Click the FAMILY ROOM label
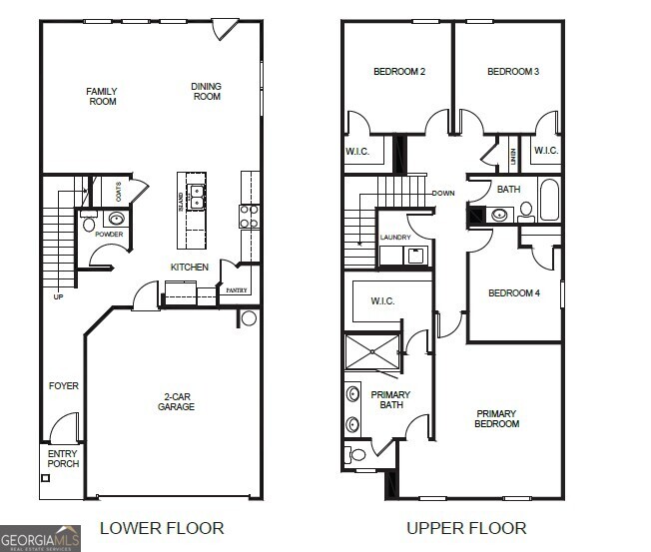point(102,97)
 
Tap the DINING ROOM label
point(207,92)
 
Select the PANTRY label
point(237,290)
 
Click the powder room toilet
point(89,224)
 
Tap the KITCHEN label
point(190,268)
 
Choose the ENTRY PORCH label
point(63,459)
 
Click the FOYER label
point(64,386)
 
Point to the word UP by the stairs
point(59,296)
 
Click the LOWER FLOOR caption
point(162,528)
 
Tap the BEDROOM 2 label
point(399,72)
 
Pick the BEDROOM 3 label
point(513,72)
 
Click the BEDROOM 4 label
point(513,293)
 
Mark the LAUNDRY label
point(395,238)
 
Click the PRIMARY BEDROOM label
point(496,418)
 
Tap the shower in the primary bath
point(371,350)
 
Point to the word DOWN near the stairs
point(443,193)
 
